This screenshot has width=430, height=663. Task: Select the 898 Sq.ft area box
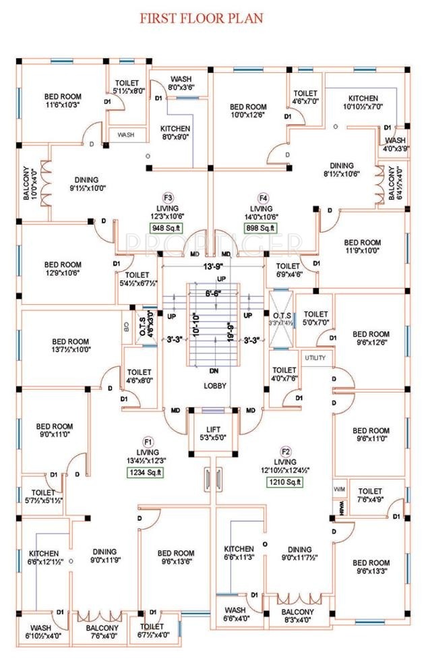tap(262, 227)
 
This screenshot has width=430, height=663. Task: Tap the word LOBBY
tap(215, 386)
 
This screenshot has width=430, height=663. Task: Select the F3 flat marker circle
tap(168, 197)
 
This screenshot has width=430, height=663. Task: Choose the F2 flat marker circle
tap(286, 451)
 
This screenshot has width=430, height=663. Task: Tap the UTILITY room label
tap(315, 357)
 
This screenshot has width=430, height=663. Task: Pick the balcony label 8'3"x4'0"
tap(297, 616)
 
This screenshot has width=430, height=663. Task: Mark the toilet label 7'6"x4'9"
tap(371, 496)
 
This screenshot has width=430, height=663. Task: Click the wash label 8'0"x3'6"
tap(181, 83)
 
